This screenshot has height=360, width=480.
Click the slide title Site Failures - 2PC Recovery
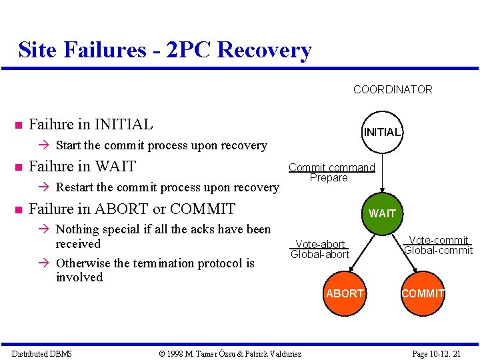click(165, 50)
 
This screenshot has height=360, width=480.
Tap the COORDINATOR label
click(392, 89)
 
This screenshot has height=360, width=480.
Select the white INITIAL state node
click(381, 132)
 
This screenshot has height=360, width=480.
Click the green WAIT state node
click(382, 213)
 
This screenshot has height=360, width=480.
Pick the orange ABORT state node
click(345, 293)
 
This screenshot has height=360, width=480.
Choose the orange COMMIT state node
click(423, 293)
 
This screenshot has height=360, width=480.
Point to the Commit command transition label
click(331, 167)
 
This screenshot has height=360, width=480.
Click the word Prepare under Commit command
click(329, 178)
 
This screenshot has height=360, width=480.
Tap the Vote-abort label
click(320, 245)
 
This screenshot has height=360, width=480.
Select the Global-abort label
click(320, 255)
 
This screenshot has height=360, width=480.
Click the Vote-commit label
click(439, 240)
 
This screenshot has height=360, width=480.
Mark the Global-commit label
click(439, 251)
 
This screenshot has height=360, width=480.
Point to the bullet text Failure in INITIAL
click(91, 124)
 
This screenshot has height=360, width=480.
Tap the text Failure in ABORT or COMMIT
click(132, 209)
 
